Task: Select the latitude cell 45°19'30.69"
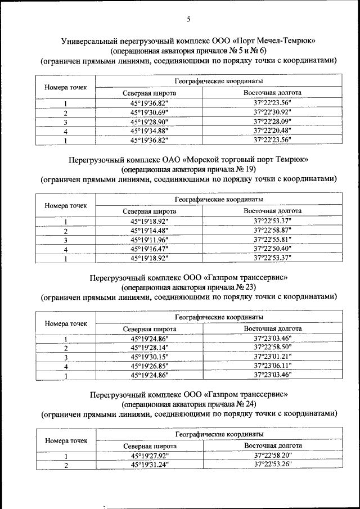coord(149,113)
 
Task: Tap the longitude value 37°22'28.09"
coord(272,122)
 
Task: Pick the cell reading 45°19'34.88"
coord(149,131)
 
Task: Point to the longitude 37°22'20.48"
coord(272,131)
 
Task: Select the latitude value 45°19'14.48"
coord(149,231)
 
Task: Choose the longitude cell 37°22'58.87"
coord(272,231)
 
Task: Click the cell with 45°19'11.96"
coord(149,240)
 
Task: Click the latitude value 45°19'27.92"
coord(149,456)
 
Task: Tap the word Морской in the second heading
coord(176,159)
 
